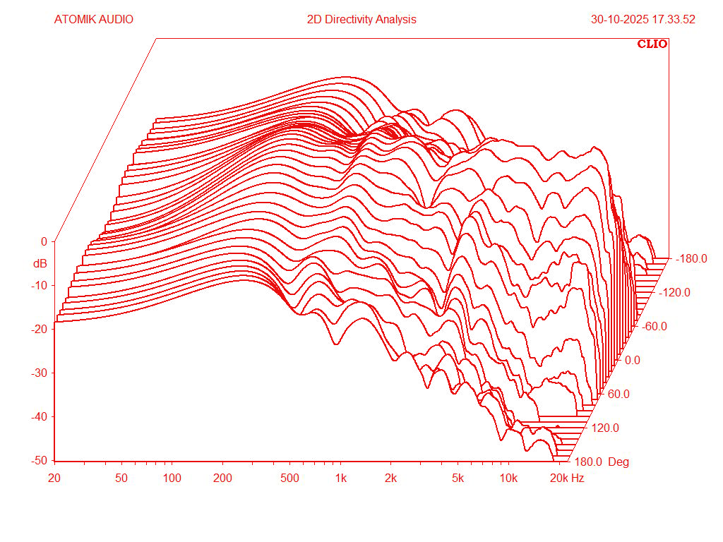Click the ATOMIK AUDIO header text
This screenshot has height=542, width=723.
93,20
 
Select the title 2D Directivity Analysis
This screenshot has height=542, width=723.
361,20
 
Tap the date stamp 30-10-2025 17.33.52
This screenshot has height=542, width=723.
643,20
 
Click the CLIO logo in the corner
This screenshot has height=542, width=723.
652,44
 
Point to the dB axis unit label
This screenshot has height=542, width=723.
40,264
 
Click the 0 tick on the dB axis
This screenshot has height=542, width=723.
44,241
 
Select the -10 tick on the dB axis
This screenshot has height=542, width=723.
40,285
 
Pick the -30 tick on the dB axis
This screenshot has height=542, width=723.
40,373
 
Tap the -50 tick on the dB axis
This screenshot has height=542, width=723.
40,460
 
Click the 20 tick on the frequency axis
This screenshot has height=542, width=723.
54,478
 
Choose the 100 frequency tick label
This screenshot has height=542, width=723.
172,478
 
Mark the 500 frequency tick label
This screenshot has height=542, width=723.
290,478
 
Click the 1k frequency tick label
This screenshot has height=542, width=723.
341,478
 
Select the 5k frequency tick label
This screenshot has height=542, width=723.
458,478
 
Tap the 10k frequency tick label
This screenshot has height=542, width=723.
509,478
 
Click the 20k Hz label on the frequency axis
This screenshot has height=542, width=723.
567,478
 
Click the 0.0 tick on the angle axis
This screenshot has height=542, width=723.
633,360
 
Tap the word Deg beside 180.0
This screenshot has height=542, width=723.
618,462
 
